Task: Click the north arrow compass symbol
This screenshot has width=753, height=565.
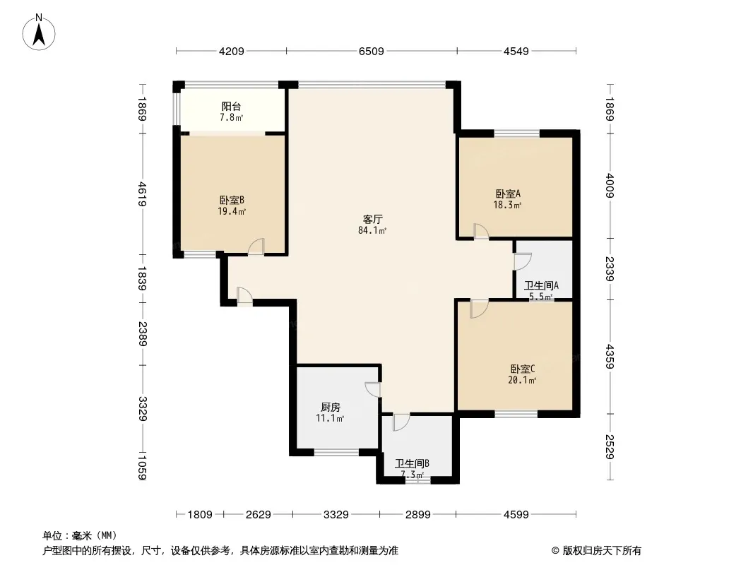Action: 39,32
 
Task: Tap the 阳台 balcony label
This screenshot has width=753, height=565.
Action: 231,107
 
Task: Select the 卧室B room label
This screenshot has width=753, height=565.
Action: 232,200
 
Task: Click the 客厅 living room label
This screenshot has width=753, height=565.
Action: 372,220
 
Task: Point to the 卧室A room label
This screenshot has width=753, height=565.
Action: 508,194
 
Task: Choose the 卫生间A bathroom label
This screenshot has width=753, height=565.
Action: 541,285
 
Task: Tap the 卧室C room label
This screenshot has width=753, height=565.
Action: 523,369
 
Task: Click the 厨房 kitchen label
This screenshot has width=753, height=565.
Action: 331,407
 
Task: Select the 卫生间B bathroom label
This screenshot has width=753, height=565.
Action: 412,464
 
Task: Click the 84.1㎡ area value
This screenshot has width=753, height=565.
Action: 372,230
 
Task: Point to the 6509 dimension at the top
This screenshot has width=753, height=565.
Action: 372,52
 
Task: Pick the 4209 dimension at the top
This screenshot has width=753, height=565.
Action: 232,52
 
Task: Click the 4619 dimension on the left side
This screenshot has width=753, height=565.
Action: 142,194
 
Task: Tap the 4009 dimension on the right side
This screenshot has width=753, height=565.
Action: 610,185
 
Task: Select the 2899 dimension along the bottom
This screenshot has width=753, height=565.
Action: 417,515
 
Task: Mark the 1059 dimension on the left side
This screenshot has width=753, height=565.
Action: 142,467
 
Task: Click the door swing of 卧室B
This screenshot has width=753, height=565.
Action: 256,246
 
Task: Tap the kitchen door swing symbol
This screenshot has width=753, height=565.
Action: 373,389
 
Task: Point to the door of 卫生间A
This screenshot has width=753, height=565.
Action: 523,261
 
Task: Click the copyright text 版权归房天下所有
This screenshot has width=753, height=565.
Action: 602,551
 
